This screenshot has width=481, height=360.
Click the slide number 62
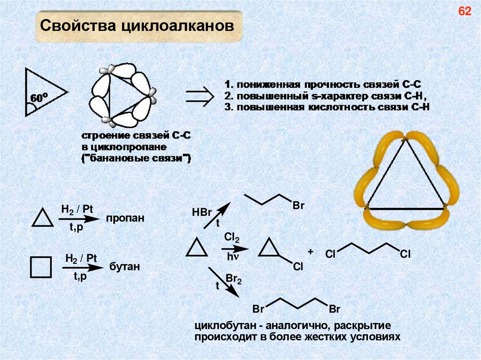click(465, 12)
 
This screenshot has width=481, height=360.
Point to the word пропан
click(124, 219)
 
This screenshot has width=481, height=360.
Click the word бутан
click(125, 267)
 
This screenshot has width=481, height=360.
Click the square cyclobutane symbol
click(40, 268)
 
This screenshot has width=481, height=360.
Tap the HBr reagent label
click(202, 212)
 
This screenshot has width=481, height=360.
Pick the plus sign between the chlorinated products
click(310, 252)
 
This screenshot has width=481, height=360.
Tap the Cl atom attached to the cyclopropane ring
click(298, 267)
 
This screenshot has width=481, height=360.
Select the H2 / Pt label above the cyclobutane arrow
click(81, 258)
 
